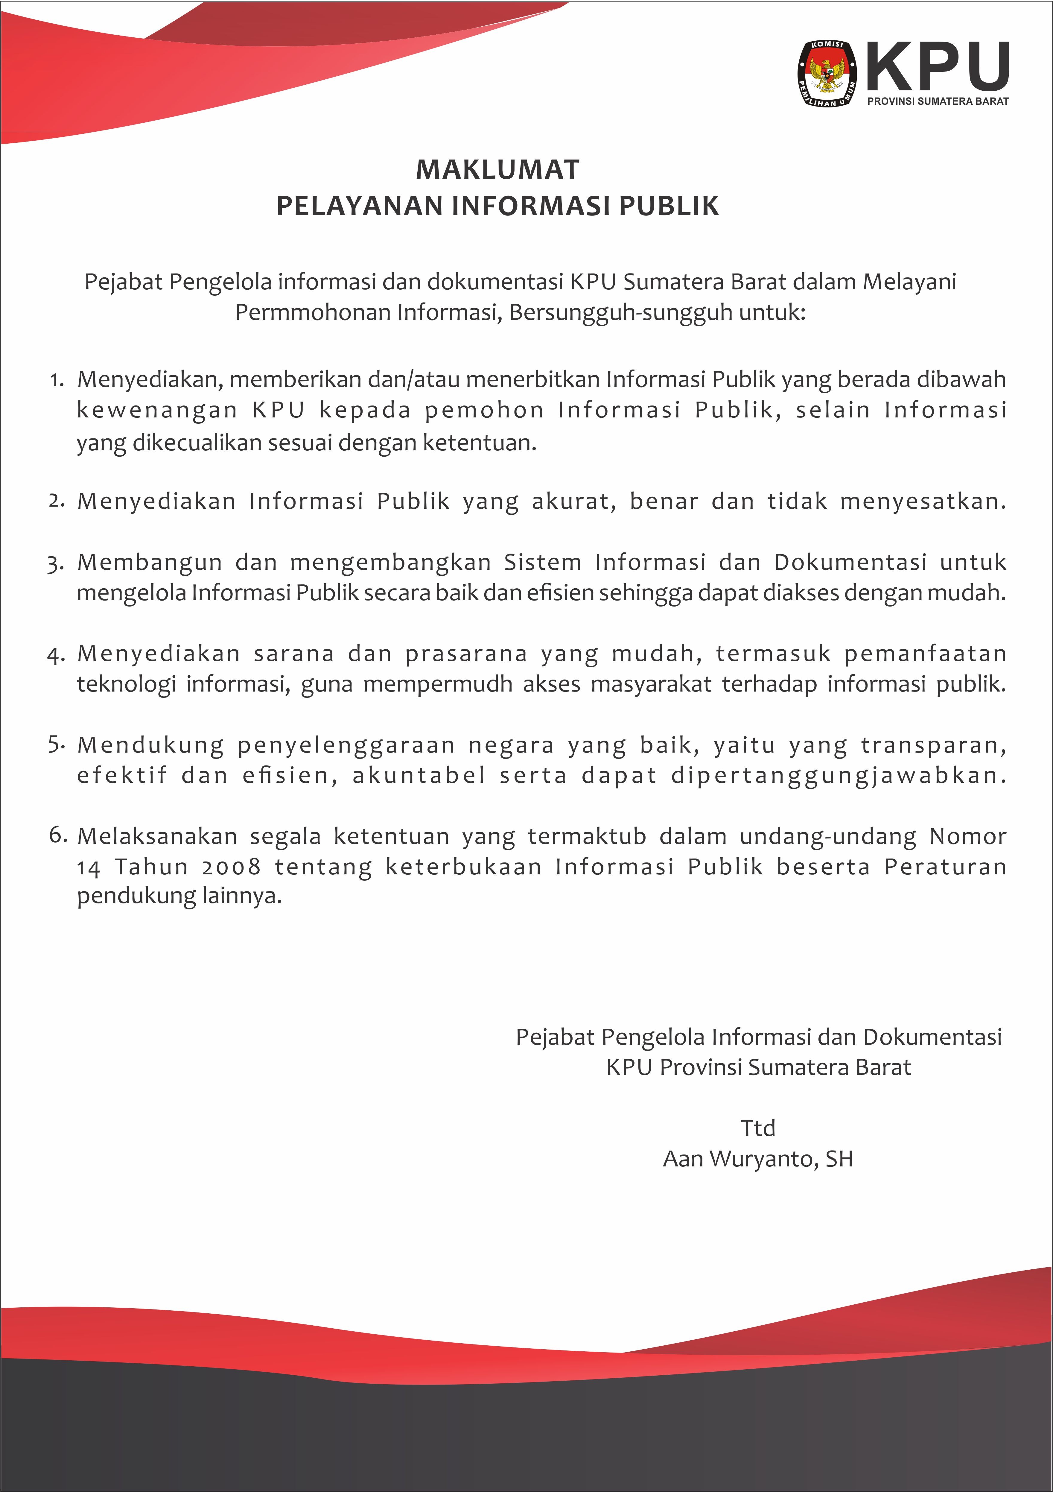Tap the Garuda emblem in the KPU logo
pyautogui.click(x=827, y=74)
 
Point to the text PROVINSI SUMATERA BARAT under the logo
pyautogui.click(x=937, y=101)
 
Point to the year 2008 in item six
pyautogui.click(x=231, y=867)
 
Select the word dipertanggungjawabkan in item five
pyautogui.click(x=838, y=775)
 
